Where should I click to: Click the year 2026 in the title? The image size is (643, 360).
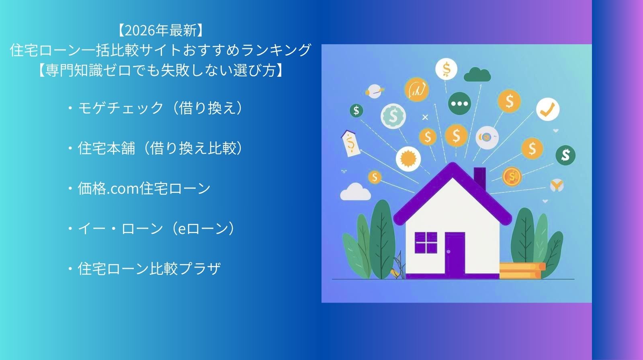point(139,31)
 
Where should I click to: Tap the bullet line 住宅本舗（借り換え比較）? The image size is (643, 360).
point(157,148)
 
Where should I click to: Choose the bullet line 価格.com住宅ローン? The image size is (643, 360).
point(139,188)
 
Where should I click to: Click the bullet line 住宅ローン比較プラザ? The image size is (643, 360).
point(144,269)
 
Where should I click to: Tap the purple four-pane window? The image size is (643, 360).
point(426,243)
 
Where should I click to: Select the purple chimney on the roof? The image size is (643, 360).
point(480,178)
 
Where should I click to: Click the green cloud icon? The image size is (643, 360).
point(477,75)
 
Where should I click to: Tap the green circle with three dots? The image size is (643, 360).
point(459,104)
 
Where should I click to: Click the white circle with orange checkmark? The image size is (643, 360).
point(548,109)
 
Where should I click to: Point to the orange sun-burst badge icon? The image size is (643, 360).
point(408,159)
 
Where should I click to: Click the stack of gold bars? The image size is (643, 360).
point(522,270)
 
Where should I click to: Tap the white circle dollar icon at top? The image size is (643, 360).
point(446,69)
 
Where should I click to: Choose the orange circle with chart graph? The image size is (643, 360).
point(416,89)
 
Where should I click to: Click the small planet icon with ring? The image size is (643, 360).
point(374,91)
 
